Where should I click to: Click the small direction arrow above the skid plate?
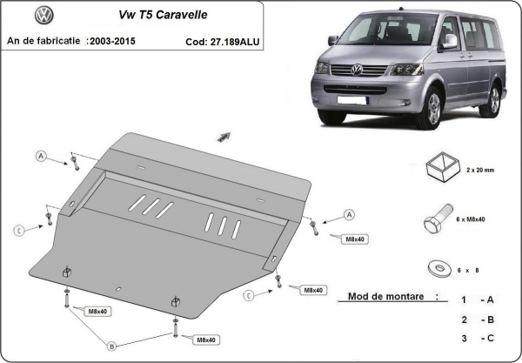pos(224,136)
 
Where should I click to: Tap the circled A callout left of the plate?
pos(41,156)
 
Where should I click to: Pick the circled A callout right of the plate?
pos(349,214)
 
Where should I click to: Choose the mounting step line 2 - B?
pos(478,319)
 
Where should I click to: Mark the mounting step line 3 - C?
pos(478,338)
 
